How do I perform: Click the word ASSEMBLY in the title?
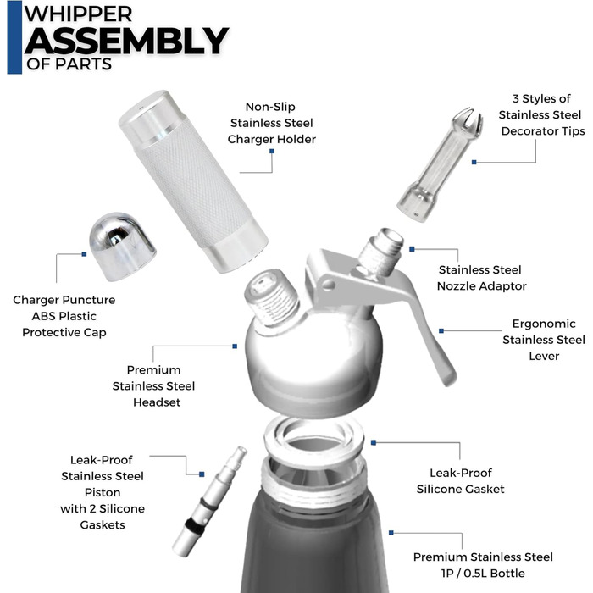pyautogui.click(x=126, y=41)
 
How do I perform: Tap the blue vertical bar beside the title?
pyautogui.click(x=14, y=37)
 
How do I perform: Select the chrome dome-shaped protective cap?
pyautogui.click(x=122, y=247)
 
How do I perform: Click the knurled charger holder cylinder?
pyautogui.click(x=193, y=180)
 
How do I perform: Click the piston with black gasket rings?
pyautogui.click(x=209, y=502)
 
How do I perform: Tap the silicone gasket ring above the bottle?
pyautogui.click(x=313, y=439)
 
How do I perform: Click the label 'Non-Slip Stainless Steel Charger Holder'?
pyautogui.click(x=272, y=123)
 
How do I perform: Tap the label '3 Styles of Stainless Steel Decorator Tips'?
pyautogui.click(x=541, y=114)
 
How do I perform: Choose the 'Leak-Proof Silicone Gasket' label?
pyautogui.click(x=460, y=480)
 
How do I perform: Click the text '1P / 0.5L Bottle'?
pyautogui.click(x=483, y=573)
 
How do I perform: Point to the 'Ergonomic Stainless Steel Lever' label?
pyautogui.click(x=544, y=340)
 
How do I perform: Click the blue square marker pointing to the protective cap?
pyautogui.click(x=85, y=254)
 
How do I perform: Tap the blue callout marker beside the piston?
pyautogui.click(x=202, y=474)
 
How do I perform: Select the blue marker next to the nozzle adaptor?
pyautogui.click(x=413, y=249)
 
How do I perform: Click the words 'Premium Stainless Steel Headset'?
pyautogui.click(x=153, y=385)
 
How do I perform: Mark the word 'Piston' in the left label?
pyautogui.click(x=103, y=492)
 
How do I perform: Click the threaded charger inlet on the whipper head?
pyautogui.click(x=272, y=296)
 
